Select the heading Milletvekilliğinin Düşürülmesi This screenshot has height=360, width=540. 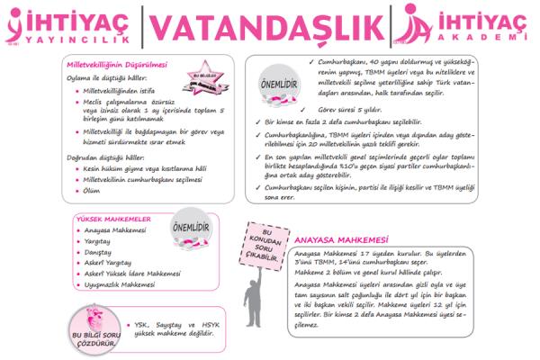pyautogui.click(x=115, y=65)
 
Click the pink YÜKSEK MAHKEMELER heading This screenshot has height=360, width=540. pyautogui.click(x=118, y=218)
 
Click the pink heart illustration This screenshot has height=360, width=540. pyautogui.click(x=95, y=316)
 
